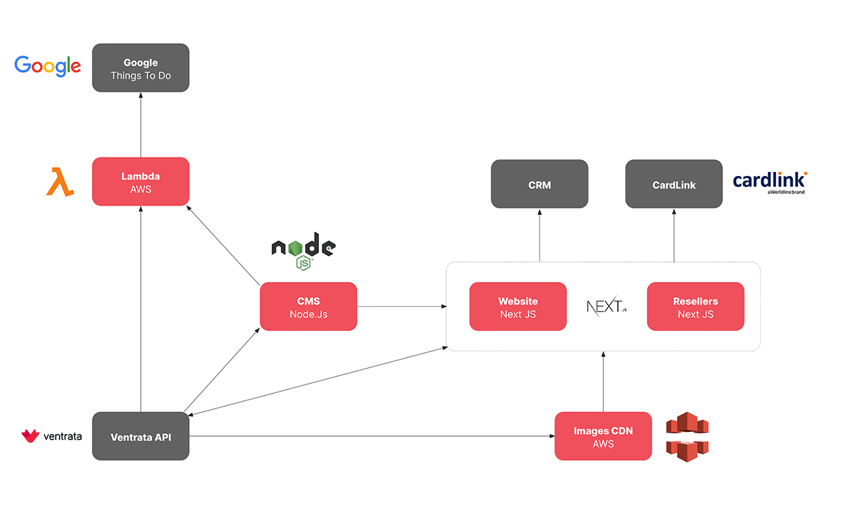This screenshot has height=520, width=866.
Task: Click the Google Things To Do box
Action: [x=141, y=68]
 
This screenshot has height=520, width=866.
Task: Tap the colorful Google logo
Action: [x=48, y=66]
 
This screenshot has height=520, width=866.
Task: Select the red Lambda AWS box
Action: [x=141, y=182]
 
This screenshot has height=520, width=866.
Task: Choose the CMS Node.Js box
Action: [x=309, y=306]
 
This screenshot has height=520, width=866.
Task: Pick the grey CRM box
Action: [x=540, y=184]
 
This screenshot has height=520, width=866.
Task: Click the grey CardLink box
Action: [x=674, y=184]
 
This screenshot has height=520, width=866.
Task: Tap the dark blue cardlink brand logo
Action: [x=769, y=182]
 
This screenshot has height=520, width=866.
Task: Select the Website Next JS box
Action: [x=518, y=307]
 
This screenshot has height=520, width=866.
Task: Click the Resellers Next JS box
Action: [x=696, y=307]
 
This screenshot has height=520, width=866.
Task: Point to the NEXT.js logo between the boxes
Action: [x=607, y=307]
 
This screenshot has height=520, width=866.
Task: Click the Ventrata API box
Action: [x=141, y=437]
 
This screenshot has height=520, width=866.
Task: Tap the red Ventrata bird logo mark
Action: [x=31, y=436]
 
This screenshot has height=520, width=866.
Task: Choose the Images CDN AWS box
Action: [x=603, y=437]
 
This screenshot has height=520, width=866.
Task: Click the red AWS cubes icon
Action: [x=687, y=437]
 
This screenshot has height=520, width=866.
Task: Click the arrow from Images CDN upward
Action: [x=603, y=382]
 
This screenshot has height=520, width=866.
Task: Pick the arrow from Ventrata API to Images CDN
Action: [x=371, y=436]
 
